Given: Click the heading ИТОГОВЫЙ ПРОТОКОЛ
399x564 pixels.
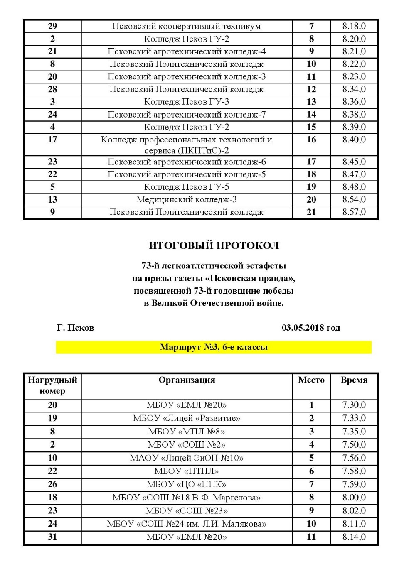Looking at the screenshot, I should tap(214, 245).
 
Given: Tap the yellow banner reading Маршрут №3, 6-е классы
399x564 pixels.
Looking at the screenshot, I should tap(214, 347).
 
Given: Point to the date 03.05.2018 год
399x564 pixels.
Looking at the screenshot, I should tap(311, 328).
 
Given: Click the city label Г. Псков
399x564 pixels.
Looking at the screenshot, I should tap(75, 328).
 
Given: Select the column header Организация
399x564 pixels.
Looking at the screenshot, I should tap(187, 380).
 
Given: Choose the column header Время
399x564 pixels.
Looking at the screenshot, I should tap(354, 380).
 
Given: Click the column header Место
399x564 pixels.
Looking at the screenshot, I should tap(311, 380).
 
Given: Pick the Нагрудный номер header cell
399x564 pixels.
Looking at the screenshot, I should tap(52, 385).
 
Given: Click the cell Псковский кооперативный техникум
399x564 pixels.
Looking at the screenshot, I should tap(187, 26).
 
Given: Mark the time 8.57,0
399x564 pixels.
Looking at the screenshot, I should tap(354, 212).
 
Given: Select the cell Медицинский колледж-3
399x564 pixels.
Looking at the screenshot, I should tap(187, 199).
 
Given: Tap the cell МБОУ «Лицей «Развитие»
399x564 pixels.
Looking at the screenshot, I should tap(187, 418).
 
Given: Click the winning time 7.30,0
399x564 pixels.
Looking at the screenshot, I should tap(354, 405).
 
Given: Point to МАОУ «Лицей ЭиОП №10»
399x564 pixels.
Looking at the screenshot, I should tap(187, 458).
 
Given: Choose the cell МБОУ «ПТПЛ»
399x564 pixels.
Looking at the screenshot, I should tap(187, 471).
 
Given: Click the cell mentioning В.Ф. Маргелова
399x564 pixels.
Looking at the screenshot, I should tap(187, 497).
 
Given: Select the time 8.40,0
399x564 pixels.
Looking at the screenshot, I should tap(354, 140).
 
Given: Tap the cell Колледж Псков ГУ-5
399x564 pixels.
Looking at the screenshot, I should tap(187, 186).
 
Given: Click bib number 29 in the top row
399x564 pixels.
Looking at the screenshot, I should tap(52, 26).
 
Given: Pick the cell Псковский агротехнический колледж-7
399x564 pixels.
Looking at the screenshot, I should tap(187, 114).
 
